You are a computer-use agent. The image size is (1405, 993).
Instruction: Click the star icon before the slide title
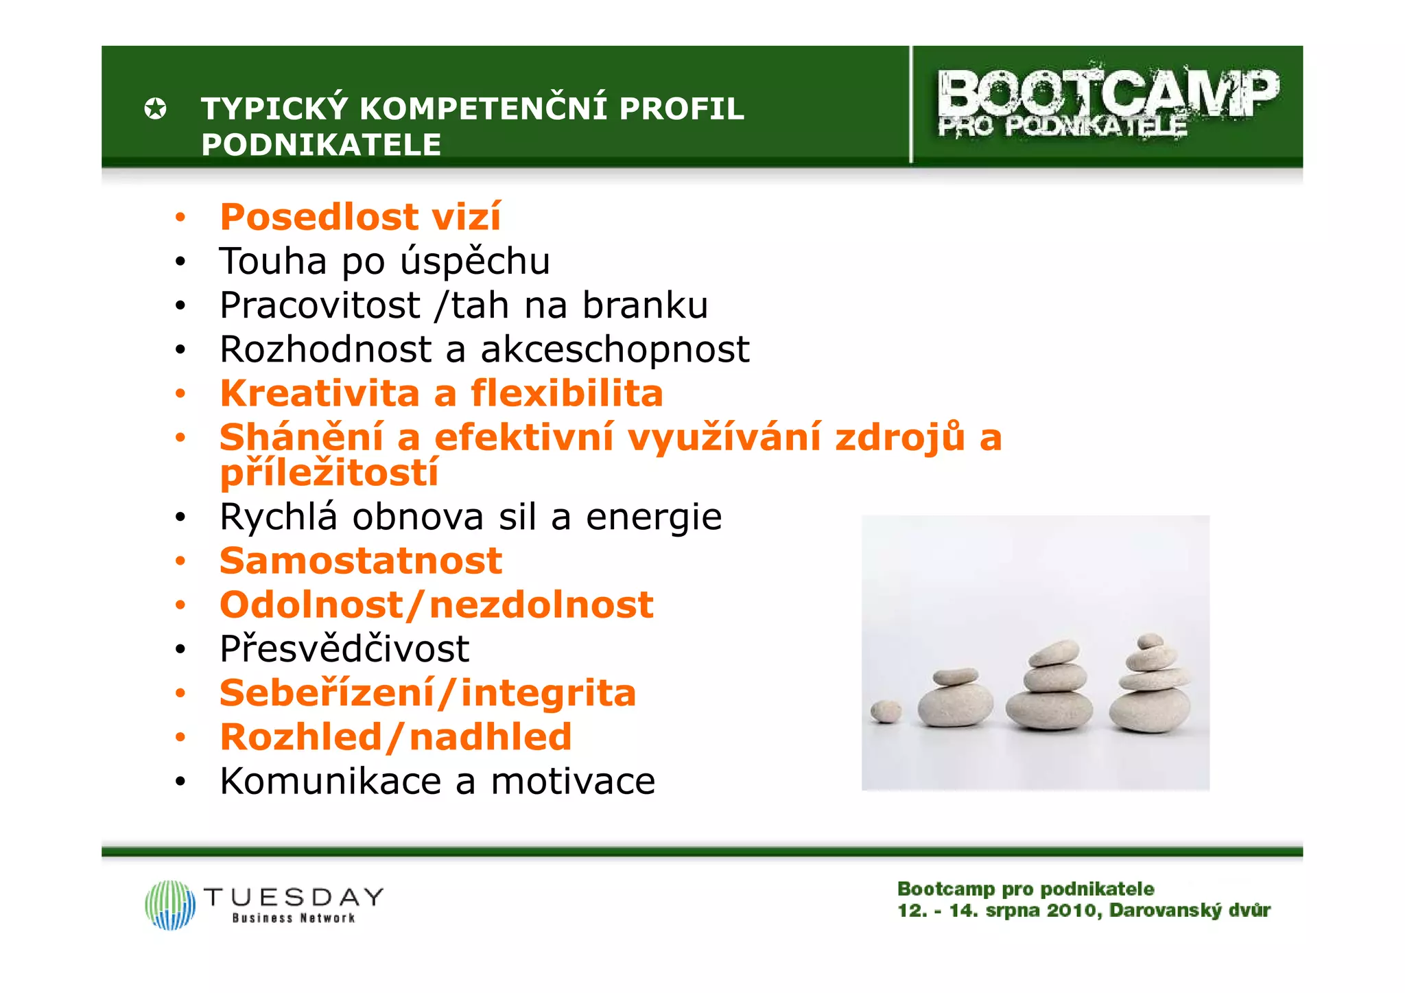pyautogui.click(x=156, y=108)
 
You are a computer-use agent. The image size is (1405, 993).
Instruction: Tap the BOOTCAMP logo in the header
pyautogui.click(x=1107, y=103)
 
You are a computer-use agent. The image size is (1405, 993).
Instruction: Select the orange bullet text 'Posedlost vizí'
pyautogui.click(x=360, y=217)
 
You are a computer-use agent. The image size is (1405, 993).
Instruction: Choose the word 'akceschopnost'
pyautogui.click(x=615, y=349)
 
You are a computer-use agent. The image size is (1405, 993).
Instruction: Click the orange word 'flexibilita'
pyautogui.click(x=567, y=393)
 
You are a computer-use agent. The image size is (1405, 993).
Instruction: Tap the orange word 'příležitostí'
pyautogui.click(x=329, y=473)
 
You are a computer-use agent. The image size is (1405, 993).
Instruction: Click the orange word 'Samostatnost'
pyautogui.click(x=361, y=561)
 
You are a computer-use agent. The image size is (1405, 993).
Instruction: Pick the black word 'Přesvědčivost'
pyautogui.click(x=344, y=649)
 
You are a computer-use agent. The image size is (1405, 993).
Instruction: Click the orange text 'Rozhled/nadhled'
pyautogui.click(x=396, y=737)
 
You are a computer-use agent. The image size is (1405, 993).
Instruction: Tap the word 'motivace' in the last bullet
pyautogui.click(x=573, y=781)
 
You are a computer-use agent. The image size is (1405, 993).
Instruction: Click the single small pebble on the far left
pyautogui.click(x=886, y=711)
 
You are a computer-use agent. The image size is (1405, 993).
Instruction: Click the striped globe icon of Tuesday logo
pyautogui.click(x=170, y=904)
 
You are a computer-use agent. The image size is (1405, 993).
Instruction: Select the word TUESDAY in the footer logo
pyautogui.click(x=294, y=897)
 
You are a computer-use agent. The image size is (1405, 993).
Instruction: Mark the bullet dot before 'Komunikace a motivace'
pyautogui.click(x=180, y=782)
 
